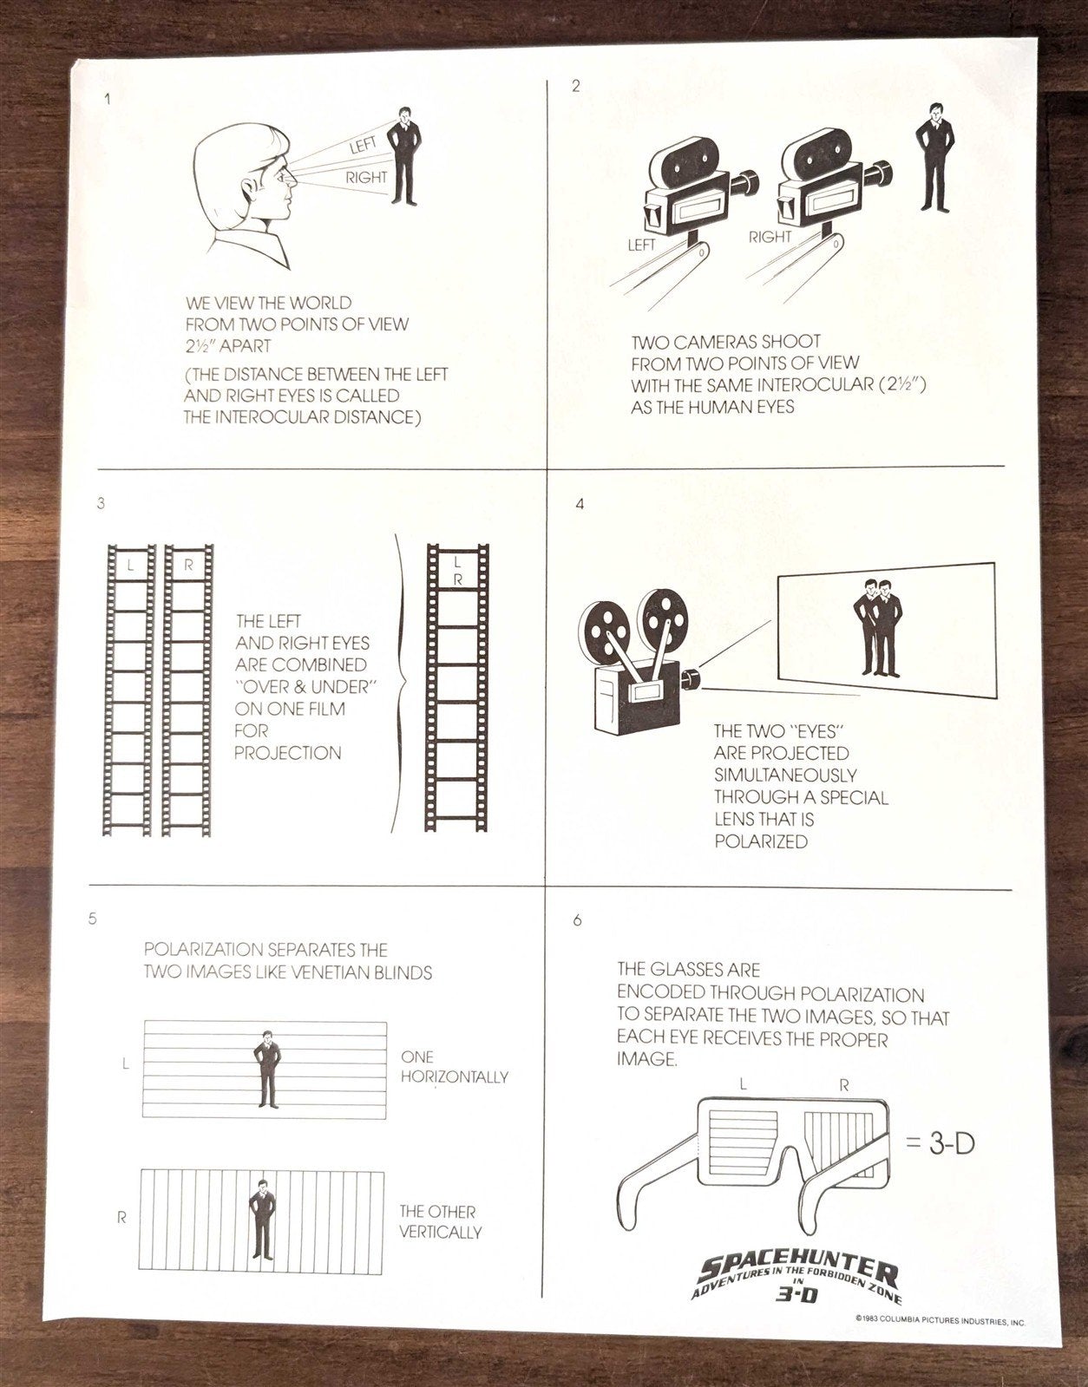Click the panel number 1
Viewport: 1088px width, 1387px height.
coord(108,99)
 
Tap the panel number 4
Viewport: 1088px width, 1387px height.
coord(580,504)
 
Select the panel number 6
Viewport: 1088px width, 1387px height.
coord(578,921)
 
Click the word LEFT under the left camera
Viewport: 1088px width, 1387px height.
coord(641,245)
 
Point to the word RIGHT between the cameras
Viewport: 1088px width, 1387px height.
coord(770,237)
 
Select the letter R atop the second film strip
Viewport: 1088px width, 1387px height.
coord(187,565)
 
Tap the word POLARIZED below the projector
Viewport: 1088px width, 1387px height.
coord(761,841)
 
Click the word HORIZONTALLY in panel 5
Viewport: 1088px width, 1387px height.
coord(455,1077)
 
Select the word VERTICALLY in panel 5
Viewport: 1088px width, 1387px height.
coord(440,1232)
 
